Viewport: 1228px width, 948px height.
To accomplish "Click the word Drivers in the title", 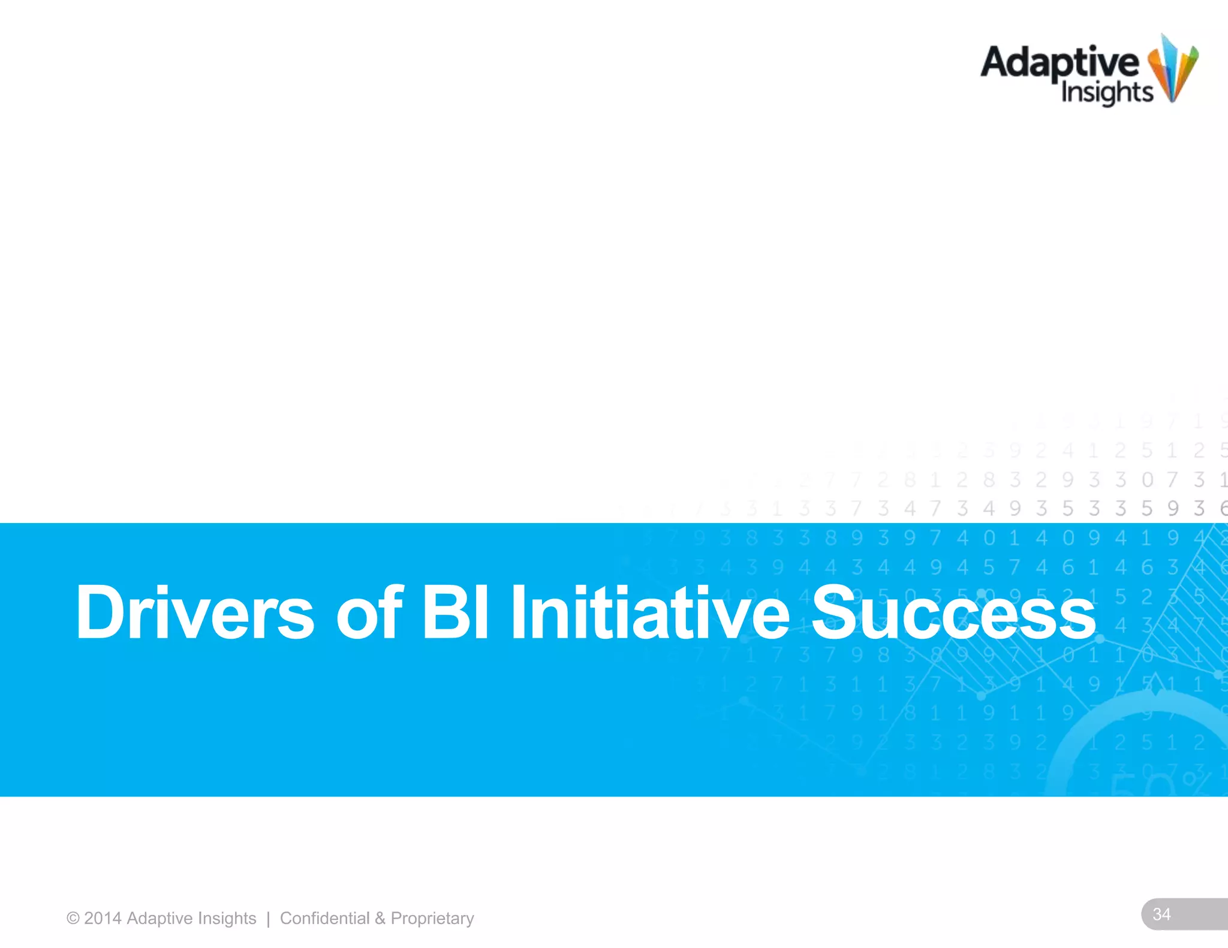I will pyautogui.click(x=194, y=612).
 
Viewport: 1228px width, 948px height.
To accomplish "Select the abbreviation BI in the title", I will pyautogui.click(x=455, y=612).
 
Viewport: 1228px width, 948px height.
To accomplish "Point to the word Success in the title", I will pyautogui.click(x=953, y=612).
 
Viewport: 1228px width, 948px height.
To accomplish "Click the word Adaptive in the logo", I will pyautogui.click(x=1060, y=63).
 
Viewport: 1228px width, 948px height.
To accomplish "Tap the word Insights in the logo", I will pyautogui.click(x=1107, y=93).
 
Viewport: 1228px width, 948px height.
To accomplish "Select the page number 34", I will pyautogui.click(x=1161, y=914).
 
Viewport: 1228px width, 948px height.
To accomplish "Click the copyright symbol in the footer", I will pyautogui.click(x=73, y=918).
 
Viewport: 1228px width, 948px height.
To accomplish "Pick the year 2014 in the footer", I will pyautogui.click(x=103, y=918).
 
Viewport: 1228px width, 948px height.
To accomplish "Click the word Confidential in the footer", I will pyautogui.click(x=324, y=918).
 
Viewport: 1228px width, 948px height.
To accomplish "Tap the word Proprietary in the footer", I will pyautogui.click(x=432, y=918).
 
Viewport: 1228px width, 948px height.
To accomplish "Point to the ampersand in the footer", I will pyautogui.click(x=380, y=918).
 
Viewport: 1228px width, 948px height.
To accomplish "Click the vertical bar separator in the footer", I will pyautogui.click(x=268, y=918).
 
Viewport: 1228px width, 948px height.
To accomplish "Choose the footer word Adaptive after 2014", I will pyautogui.click(x=159, y=918).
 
